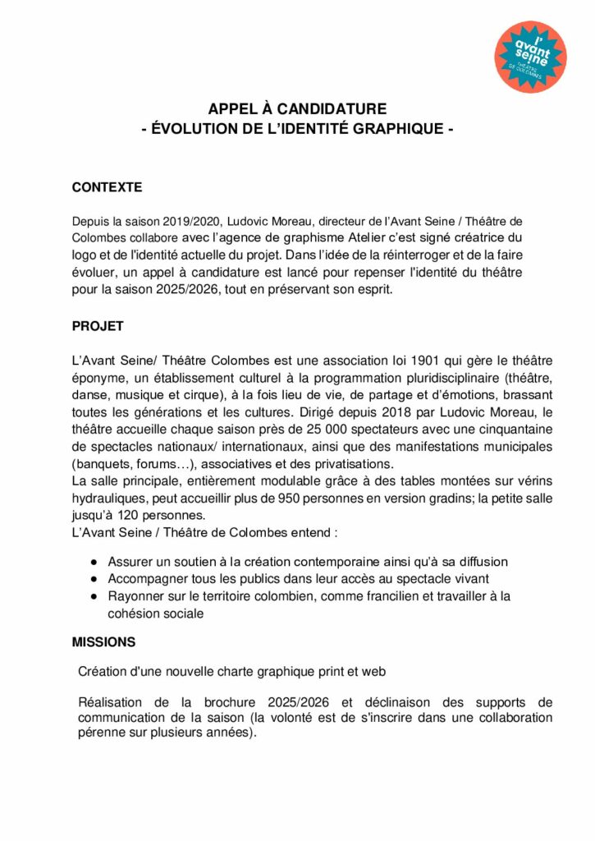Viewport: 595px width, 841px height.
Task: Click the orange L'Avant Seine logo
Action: (531, 57)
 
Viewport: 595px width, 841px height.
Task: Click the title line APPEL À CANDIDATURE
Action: (297, 109)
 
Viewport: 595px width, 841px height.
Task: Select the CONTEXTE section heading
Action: (107, 187)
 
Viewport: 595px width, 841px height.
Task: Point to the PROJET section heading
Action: (98, 326)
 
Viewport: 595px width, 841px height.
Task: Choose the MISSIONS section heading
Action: (103, 641)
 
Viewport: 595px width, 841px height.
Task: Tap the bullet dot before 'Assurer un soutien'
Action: (94, 562)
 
